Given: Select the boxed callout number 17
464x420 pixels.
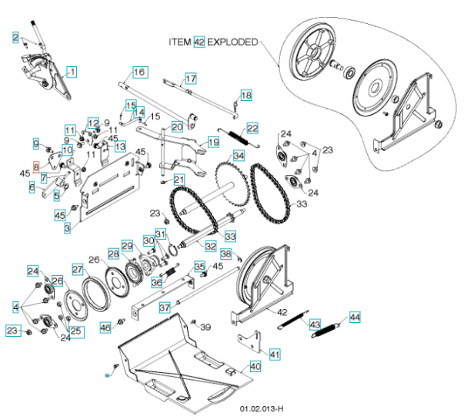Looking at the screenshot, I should (190, 79).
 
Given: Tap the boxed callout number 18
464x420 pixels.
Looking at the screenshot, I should (245, 95).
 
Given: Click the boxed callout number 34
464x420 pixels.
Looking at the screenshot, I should (239, 156).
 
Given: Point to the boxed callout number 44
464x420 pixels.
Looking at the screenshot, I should (354, 317).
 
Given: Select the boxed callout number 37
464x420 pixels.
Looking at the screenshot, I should (164, 307).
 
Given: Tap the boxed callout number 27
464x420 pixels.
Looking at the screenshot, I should (77, 269).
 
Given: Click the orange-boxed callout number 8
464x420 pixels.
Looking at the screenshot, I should (35, 166).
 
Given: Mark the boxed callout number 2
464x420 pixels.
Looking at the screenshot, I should (15, 38).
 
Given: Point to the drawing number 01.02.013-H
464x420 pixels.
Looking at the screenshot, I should (262, 408).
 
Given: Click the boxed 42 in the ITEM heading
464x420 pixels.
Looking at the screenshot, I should (199, 42).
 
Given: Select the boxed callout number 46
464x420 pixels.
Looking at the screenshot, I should (105, 329).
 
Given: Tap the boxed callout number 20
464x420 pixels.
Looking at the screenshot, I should (177, 126).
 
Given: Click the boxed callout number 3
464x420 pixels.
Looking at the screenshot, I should (67, 228).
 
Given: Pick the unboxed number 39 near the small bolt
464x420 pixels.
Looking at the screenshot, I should (205, 328).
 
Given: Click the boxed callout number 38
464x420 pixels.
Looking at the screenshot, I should (225, 254).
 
